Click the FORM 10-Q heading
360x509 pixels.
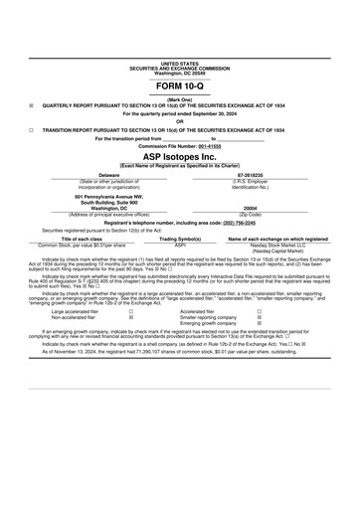[x=180, y=87]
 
